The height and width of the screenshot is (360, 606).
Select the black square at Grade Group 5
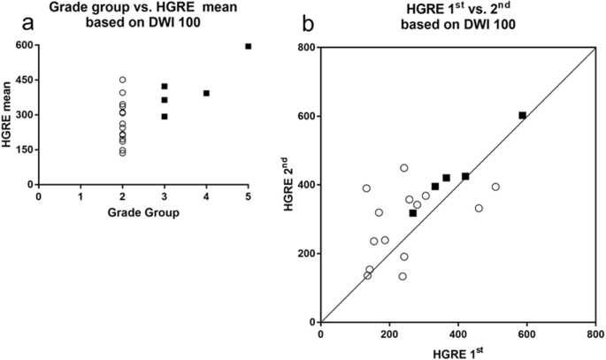249,46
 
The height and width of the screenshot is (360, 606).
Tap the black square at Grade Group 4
206,93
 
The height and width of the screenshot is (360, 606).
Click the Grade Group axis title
143,213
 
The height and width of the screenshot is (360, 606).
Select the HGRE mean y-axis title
8,115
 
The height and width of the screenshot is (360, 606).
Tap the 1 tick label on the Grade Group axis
81,196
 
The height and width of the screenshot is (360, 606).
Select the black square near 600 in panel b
522,115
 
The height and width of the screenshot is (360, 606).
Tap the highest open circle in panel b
403,168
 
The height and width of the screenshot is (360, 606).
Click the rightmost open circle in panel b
495,187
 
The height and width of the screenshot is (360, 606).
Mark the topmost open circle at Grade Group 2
122,80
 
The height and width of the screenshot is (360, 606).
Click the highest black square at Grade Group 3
165,87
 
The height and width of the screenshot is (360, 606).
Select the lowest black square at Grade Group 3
165,116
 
